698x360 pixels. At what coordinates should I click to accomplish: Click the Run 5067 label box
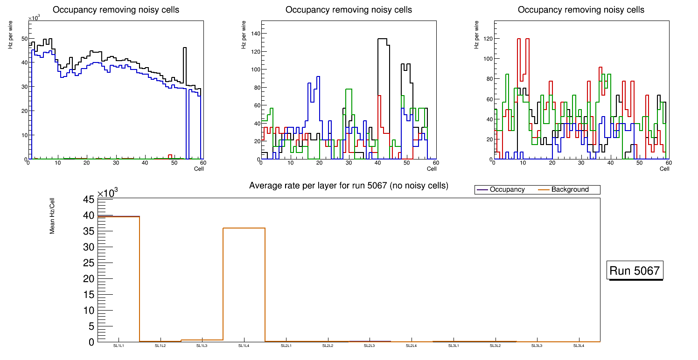click(635, 270)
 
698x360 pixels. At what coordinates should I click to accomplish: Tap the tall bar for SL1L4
click(244, 284)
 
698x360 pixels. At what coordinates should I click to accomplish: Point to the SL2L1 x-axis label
click(286, 346)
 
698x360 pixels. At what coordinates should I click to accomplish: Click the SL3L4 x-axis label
click(579, 346)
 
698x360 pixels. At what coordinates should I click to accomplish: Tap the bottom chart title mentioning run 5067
click(349, 186)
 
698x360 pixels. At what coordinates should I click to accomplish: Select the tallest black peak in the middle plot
click(383, 39)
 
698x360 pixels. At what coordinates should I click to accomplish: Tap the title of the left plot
click(116, 10)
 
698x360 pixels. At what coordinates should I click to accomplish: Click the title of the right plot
click(581, 10)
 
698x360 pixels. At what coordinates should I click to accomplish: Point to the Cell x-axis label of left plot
click(199, 169)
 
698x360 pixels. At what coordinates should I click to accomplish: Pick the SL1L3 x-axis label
click(202, 346)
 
